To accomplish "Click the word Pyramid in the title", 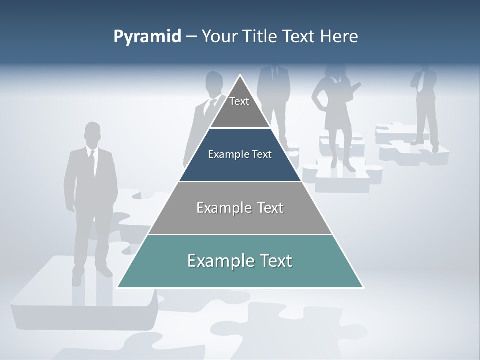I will (x=147, y=37).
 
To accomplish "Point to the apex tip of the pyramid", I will (x=240, y=76).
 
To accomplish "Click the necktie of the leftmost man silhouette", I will (x=92, y=162).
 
